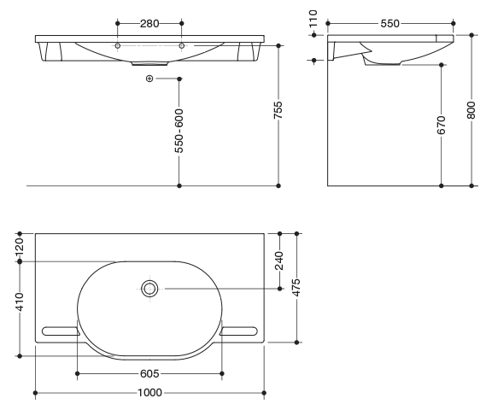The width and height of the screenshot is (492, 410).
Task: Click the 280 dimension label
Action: pos(149,24)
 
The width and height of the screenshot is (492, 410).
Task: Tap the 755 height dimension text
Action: pos(278,110)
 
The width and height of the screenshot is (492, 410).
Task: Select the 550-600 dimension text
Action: pos(179,131)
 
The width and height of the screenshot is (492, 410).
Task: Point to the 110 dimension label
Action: pos(313,19)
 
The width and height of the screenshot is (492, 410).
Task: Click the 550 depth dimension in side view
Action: pos(389,24)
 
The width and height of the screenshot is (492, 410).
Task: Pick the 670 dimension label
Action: pos(441,125)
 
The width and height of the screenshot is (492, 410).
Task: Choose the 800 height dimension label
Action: pos(471,110)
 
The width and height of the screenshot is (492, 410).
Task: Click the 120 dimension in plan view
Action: pos(20,247)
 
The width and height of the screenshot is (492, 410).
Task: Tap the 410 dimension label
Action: pos(20,302)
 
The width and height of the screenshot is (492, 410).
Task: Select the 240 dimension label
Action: pos(279,261)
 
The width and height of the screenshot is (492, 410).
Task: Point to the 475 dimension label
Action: pos(296,287)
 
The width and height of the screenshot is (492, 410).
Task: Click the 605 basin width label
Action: pos(149,373)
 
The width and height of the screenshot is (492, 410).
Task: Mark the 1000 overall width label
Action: pos(149,393)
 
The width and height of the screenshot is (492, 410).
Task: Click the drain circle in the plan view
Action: pos(149,289)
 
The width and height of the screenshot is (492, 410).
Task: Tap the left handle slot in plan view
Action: pos(61,331)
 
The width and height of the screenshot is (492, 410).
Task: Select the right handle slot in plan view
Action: pos(238,331)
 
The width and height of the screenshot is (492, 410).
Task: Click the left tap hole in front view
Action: pos(118,46)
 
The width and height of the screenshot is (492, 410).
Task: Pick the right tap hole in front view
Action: pos(181,46)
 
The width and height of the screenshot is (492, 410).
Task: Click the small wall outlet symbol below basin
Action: pos(149,79)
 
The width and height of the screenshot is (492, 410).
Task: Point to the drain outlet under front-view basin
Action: pos(149,64)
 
